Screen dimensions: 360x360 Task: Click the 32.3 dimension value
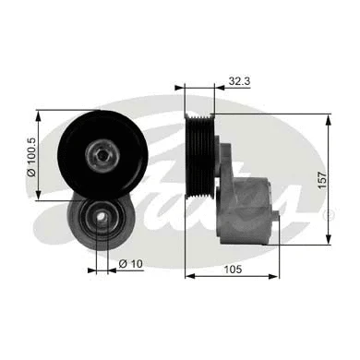coord(239,81)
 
